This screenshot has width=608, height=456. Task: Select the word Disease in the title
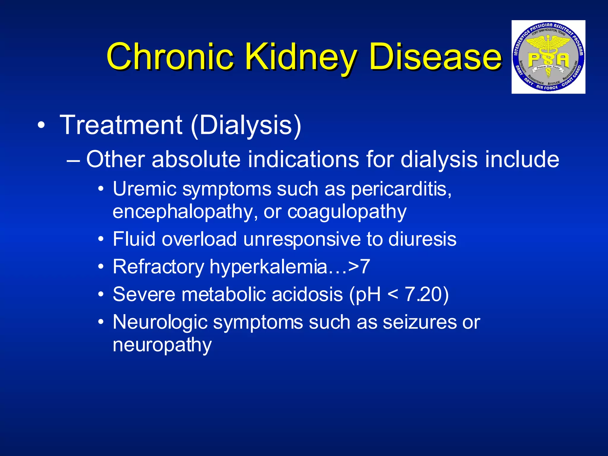coord(435,56)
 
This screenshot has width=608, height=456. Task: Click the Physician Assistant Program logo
coord(548,57)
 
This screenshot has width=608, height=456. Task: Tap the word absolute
coord(196,159)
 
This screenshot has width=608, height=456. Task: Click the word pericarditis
coord(401,189)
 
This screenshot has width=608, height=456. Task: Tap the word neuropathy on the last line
coord(162,345)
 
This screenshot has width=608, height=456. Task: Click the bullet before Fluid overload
coord(101,239)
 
